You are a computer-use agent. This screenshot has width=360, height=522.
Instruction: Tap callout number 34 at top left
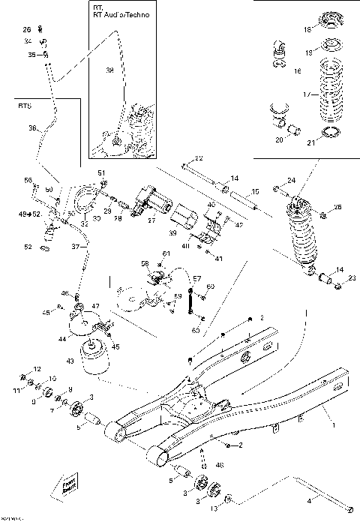click(28, 41)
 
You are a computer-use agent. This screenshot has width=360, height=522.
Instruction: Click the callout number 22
click(199, 158)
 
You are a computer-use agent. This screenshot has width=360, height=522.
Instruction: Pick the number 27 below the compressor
click(152, 220)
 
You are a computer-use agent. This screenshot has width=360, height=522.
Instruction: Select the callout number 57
click(198, 279)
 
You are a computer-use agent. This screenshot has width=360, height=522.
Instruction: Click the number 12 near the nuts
click(37, 370)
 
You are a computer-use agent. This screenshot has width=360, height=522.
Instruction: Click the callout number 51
click(102, 173)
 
